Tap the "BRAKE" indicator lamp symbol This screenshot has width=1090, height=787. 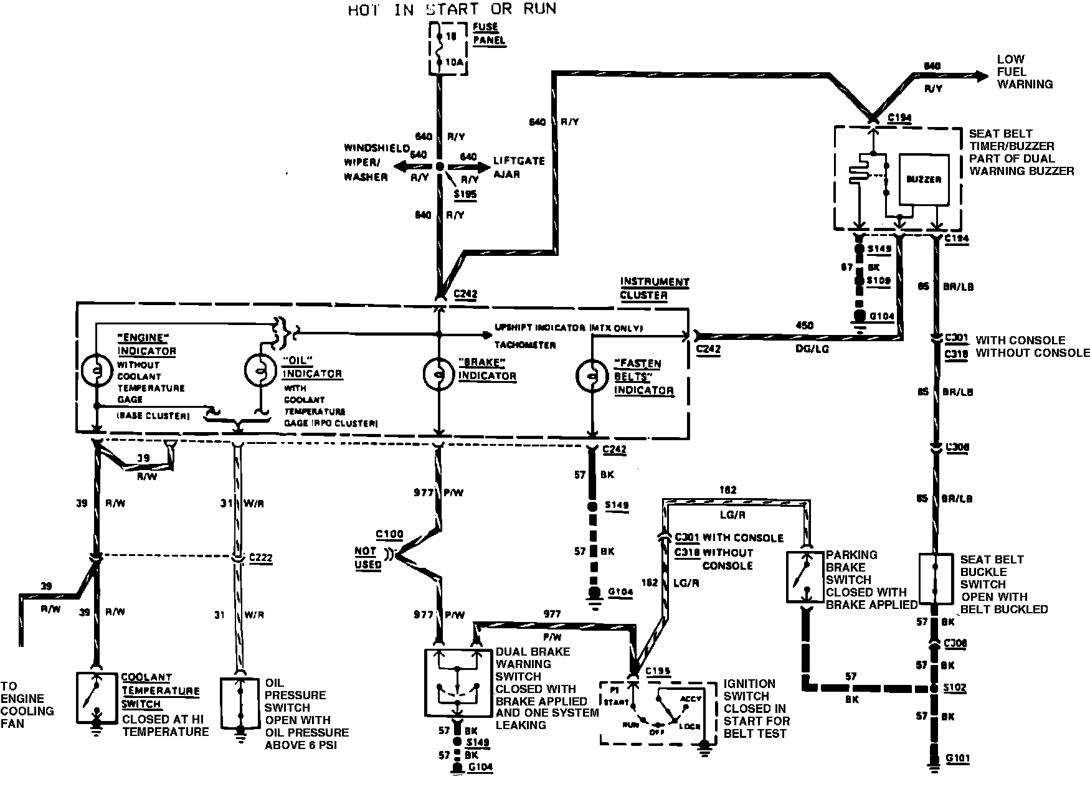(x=439, y=373)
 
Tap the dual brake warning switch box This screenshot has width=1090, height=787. (x=457, y=682)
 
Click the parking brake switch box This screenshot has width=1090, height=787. (x=804, y=577)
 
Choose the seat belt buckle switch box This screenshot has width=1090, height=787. (x=936, y=578)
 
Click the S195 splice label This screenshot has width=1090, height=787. (x=465, y=194)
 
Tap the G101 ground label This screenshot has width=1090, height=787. (x=957, y=758)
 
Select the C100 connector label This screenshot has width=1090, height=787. (x=389, y=534)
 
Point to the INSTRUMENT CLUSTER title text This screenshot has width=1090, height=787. (x=654, y=288)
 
